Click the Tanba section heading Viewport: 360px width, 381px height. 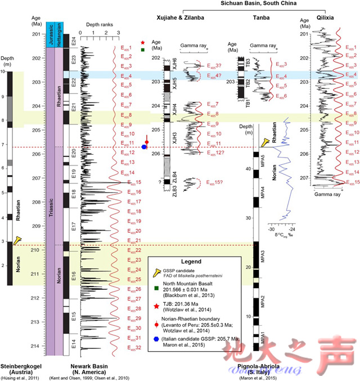click(260, 19)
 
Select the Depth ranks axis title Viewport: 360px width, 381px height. click(100, 25)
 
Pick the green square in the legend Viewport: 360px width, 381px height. click(156, 290)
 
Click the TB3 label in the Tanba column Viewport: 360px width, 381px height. click(248, 62)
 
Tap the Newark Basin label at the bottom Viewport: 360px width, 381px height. click(91, 366)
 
